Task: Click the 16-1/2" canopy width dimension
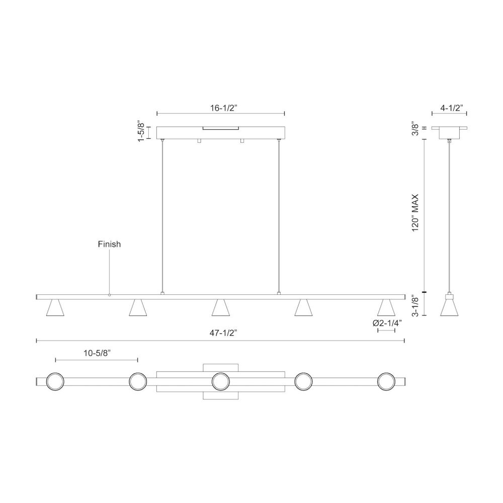point(223,108)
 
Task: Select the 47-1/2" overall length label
point(223,333)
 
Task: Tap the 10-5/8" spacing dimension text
point(97,353)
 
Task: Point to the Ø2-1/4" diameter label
point(387,323)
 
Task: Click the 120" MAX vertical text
point(415,213)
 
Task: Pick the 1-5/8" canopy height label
point(141,131)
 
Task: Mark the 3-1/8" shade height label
point(415,307)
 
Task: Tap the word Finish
point(109,244)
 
